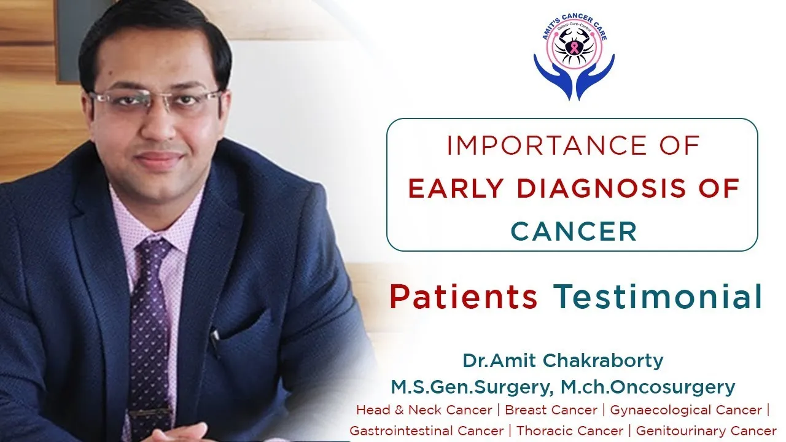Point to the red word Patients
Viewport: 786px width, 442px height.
464,297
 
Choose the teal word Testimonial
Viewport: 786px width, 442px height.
658,297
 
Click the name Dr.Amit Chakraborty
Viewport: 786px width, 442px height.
563,360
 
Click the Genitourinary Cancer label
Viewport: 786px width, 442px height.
706,430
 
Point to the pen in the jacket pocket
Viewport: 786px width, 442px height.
216,336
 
